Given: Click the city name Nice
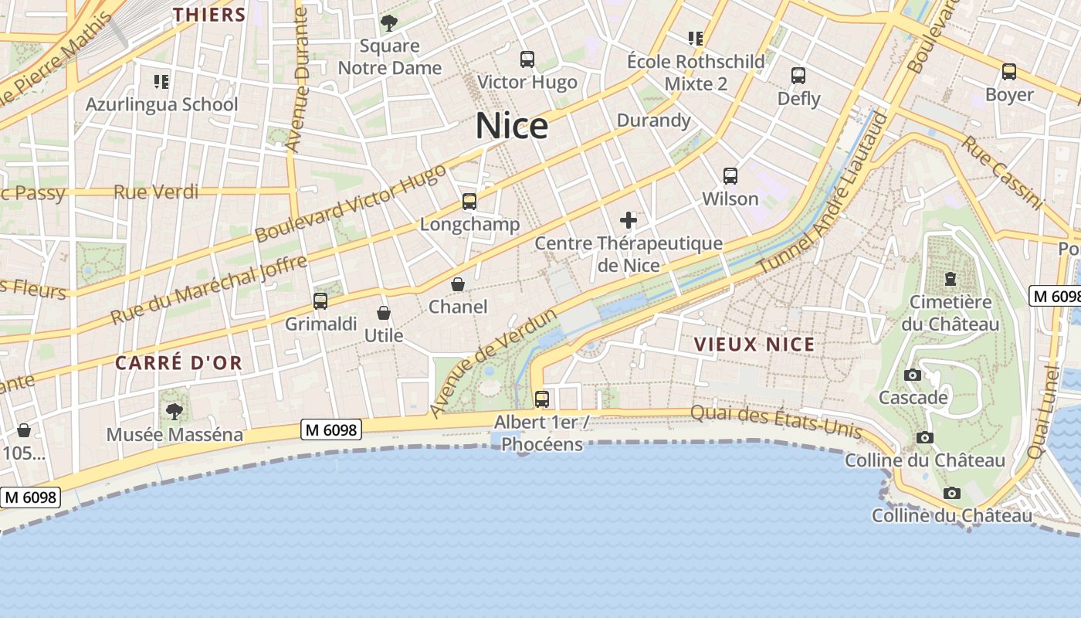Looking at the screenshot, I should tap(512, 126).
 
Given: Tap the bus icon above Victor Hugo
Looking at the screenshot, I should tap(527, 59).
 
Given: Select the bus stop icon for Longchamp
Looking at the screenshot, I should tap(469, 202).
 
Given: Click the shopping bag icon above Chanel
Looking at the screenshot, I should tap(458, 284).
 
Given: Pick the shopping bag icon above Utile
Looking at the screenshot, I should tap(383, 313).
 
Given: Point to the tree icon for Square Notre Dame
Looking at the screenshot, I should tap(389, 22).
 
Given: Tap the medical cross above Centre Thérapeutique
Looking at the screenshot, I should tap(629, 221).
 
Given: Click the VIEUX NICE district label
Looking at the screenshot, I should tap(754, 345).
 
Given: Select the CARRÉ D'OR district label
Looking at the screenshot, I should tap(179, 362).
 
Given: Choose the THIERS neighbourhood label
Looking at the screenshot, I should tap(209, 15).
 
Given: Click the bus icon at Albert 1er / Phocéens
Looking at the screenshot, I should tap(542, 399).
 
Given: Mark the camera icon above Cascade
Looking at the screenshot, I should tap(913, 375).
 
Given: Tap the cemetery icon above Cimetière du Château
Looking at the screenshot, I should tap(951, 278).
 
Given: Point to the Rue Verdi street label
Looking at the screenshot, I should tap(156, 192).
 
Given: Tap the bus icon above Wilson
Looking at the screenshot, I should tap(730, 176).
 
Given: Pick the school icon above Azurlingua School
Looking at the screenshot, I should tap(161, 81).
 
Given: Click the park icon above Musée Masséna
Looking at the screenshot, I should tap(175, 411).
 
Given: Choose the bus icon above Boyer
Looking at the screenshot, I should tap(1009, 72).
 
